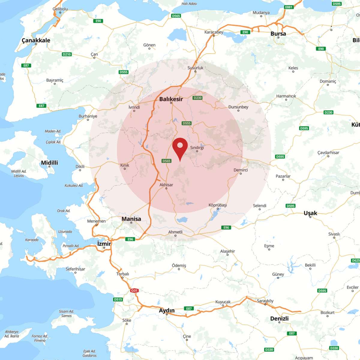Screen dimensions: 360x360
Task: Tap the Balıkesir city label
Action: [x=171, y=99]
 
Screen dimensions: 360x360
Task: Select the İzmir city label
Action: [x=104, y=244]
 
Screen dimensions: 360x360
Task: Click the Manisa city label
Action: [x=131, y=219]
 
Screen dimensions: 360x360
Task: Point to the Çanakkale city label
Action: [x=36, y=40]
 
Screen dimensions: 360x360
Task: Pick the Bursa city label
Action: [x=278, y=34]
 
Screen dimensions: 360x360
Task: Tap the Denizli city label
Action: [x=279, y=318]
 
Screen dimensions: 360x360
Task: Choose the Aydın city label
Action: [x=166, y=310]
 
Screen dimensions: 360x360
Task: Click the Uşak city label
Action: [x=310, y=213]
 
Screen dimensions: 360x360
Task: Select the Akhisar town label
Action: [x=166, y=185]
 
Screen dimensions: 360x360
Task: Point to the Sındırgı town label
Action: [x=197, y=148]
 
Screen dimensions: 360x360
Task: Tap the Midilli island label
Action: [x=49, y=163]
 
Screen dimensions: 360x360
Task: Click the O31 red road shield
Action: [x=134, y=290]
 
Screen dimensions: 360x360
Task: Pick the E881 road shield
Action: [x=289, y=7]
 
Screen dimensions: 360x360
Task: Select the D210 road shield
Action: [x=67, y=54]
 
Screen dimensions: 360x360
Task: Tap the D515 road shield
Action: [x=118, y=299]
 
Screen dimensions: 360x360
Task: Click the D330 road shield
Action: [x=269, y=349]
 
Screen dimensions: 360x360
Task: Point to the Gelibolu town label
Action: [x=60, y=9]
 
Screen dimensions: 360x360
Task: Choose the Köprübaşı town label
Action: [x=218, y=205]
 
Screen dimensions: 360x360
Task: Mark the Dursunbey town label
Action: [x=238, y=107]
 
